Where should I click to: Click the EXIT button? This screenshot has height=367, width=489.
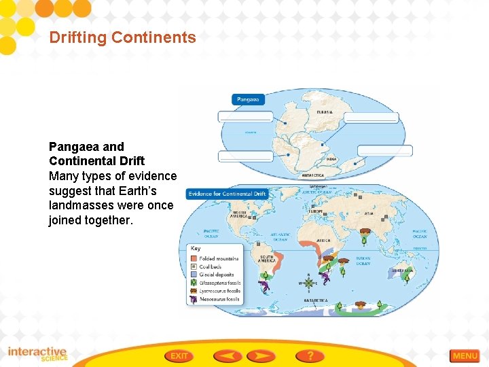(x=179, y=355)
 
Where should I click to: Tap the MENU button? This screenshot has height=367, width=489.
(x=465, y=355)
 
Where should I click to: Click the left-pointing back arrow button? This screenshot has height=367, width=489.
(x=228, y=355)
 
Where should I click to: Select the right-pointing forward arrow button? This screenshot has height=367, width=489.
(x=261, y=355)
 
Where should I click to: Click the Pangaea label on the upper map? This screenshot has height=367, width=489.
(x=248, y=99)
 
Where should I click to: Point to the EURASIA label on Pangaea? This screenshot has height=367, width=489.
(x=325, y=112)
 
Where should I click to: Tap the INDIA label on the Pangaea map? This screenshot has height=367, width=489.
(x=331, y=159)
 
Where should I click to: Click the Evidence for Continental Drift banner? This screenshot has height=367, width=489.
(x=227, y=194)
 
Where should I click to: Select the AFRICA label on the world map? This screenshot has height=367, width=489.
(x=324, y=240)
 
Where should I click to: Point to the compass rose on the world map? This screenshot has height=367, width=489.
(x=310, y=282)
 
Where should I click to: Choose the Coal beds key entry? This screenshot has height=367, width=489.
(x=211, y=267)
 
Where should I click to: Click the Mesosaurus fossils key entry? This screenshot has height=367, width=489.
(x=219, y=299)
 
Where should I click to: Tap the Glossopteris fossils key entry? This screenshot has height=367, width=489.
(x=219, y=283)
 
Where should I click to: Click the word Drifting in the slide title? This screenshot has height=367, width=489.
(x=77, y=37)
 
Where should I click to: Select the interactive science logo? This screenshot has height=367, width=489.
(x=37, y=354)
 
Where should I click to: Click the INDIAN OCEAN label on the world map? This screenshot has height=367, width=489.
(x=363, y=261)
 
